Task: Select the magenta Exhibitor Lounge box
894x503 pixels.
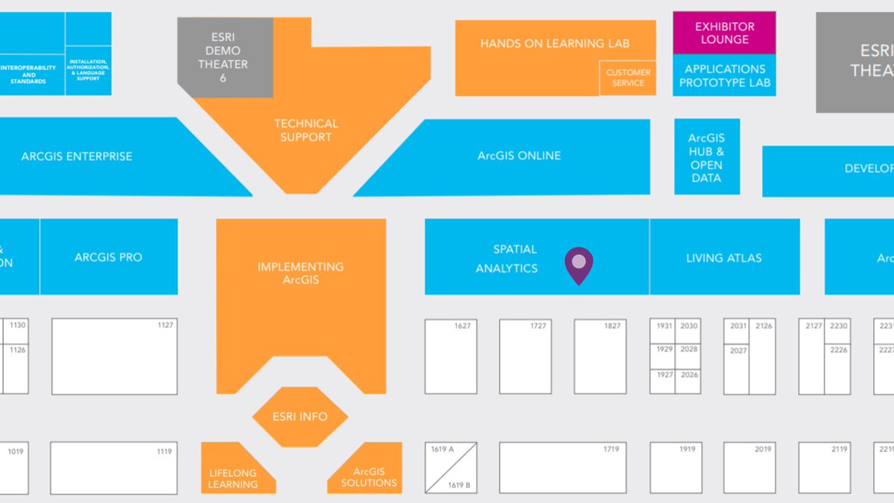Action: [724, 33]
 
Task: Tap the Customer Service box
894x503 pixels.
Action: [627, 77]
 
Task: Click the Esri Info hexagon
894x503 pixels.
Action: [299, 417]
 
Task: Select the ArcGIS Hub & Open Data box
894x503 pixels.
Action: [706, 157]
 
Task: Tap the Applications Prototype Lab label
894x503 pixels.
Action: [724, 75]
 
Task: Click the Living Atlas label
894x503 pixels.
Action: [723, 258]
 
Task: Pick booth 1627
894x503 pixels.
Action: [451, 357]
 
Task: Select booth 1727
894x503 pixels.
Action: [525, 357]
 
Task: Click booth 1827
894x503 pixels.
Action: [600, 357]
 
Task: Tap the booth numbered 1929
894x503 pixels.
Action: [663, 350]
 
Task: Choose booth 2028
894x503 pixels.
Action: [688, 350]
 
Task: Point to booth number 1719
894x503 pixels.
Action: [562, 467]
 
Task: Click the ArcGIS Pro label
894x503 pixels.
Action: [108, 257]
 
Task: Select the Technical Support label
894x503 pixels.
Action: [305, 130]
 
